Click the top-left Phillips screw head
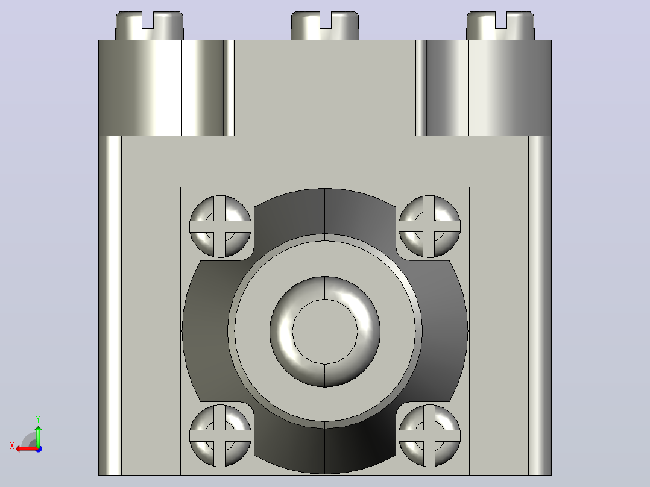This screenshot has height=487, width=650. pyautogui.click(x=220, y=226)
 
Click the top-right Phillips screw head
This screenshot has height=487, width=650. pyautogui.click(x=429, y=226)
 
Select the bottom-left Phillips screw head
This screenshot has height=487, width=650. pyautogui.click(x=220, y=436)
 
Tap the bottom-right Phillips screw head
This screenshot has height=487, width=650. pyautogui.click(x=429, y=436)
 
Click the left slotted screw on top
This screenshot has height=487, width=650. pyautogui.click(x=150, y=26)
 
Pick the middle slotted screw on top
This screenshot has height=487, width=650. pyautogui.click(x=325, y=26)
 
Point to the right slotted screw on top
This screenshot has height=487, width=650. pyautogui.click(x=500, y=26)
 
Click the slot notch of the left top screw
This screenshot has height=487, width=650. pyautogui.click(x=148, y=20)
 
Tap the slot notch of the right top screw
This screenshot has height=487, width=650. pyautogui.click(x=500, y=20)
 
